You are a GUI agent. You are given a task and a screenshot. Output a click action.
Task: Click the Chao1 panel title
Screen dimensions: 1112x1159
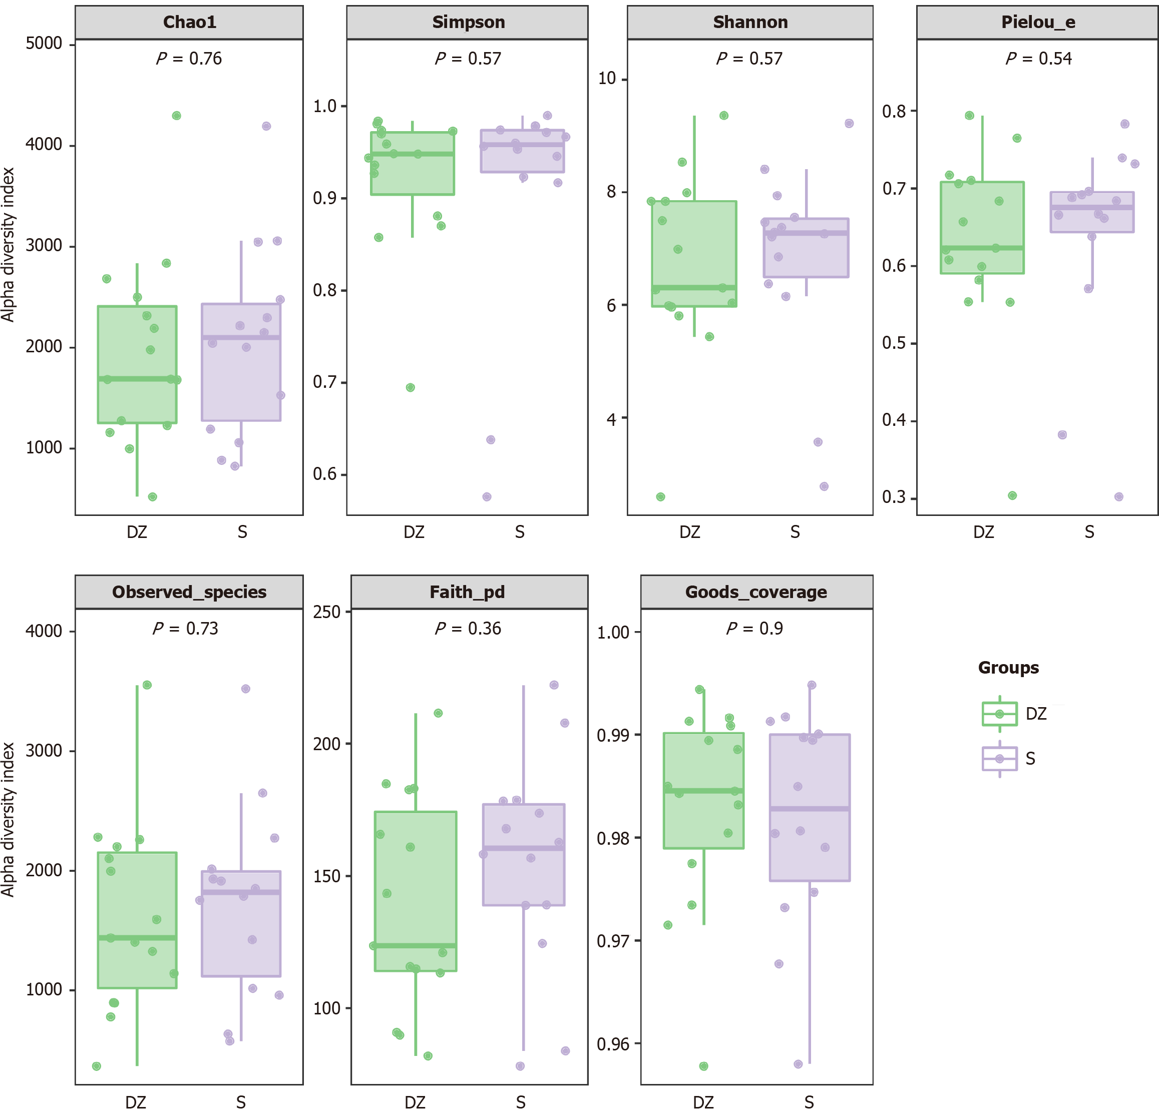(x=189, y=23)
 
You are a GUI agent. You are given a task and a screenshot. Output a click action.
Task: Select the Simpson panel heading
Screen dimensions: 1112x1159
(x=468, y=23)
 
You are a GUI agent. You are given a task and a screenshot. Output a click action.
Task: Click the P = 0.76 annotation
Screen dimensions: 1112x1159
(x=189, y=59)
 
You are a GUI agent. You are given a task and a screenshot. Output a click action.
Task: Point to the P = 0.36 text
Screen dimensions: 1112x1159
(x=468, y=629)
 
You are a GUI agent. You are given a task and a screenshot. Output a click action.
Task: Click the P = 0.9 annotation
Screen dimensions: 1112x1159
(x=754, y=629)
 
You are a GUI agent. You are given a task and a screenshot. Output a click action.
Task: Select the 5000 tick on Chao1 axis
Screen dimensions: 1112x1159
(x=44, y=44)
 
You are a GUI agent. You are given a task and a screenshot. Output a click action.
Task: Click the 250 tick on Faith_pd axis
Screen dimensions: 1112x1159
(x=327, y=612)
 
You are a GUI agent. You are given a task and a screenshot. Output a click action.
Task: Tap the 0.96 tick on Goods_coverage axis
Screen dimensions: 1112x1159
(x=613, y=1044)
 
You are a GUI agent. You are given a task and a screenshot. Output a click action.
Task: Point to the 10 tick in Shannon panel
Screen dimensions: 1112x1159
(x=607, y=79)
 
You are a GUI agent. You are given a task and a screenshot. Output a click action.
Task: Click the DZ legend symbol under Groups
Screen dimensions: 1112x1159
(x=999, y=714)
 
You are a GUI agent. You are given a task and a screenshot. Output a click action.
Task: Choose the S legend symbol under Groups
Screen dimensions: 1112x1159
(x=999, y=759)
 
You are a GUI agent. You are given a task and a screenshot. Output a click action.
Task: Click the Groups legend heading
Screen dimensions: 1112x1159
(x=1008, y=668)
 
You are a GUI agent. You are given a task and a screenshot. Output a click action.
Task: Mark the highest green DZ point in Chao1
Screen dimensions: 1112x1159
(x=176, y=116)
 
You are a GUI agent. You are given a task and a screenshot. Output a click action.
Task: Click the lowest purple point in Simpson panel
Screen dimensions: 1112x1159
(x=487, y=496)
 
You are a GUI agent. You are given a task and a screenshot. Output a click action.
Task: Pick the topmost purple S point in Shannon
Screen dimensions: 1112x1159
(x=849, y=124)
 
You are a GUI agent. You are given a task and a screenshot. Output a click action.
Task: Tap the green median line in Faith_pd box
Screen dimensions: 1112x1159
(x=416, y=946)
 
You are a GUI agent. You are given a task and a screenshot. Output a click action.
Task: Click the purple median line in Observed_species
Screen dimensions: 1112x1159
(x=241, y=892)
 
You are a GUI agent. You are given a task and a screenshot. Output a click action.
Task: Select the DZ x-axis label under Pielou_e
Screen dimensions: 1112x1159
(x=983, y=532)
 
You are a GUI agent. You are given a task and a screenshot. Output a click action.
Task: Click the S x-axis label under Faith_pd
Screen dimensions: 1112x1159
(x=520, y=1102)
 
